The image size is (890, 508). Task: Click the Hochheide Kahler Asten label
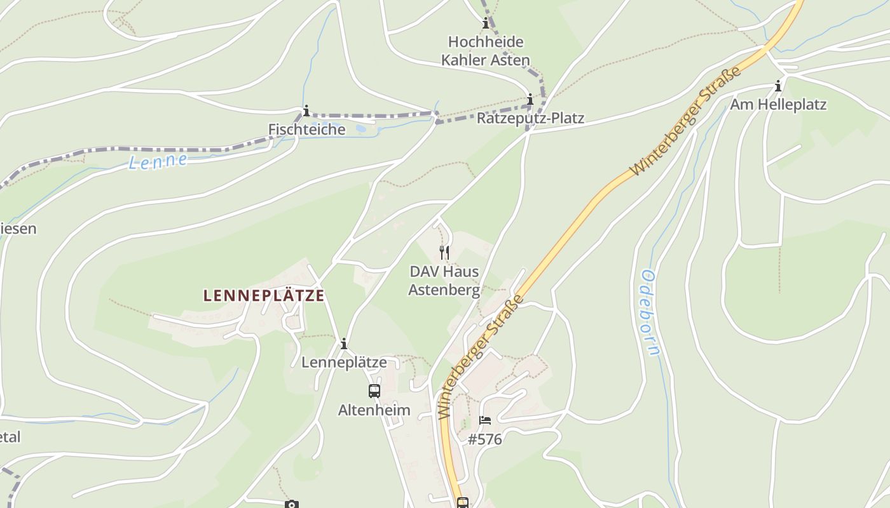point(486,51)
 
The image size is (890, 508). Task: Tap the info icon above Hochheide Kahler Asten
point(486,24)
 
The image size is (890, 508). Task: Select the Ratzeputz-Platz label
point(530,118)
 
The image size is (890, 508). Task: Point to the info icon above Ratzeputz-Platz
point(530,99)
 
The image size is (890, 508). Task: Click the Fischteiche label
point(306,130)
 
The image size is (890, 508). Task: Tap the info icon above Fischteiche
point(306,111)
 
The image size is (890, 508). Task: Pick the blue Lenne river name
point(158,161)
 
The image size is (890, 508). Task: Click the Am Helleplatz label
point(778,104)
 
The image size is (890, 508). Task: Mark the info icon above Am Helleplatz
point(778,85)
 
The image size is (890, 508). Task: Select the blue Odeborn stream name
point(652,312)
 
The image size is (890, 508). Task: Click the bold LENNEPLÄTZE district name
point(264,295)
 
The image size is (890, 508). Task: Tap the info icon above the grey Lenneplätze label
point(344,344)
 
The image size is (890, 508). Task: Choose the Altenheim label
point(374,410)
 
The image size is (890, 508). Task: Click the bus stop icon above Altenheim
point(374,391)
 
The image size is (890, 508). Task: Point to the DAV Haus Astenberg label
point(444,281)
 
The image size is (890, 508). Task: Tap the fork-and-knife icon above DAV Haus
point(444,253)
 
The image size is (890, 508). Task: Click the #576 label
point(485,439)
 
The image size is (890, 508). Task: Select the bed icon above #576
point(485,420)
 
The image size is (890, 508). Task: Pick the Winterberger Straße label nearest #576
point(481,356)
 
